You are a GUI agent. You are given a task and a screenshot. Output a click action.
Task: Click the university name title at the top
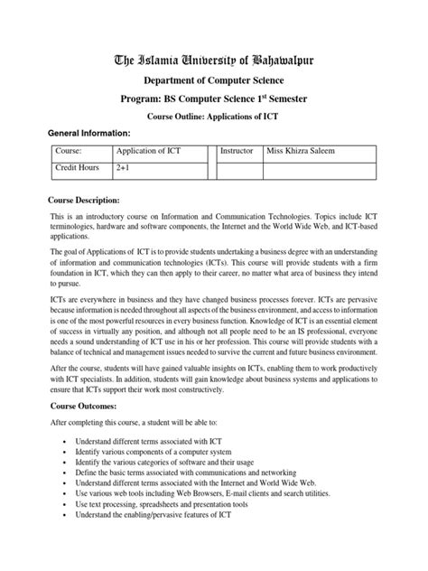[x=214, y=62]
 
